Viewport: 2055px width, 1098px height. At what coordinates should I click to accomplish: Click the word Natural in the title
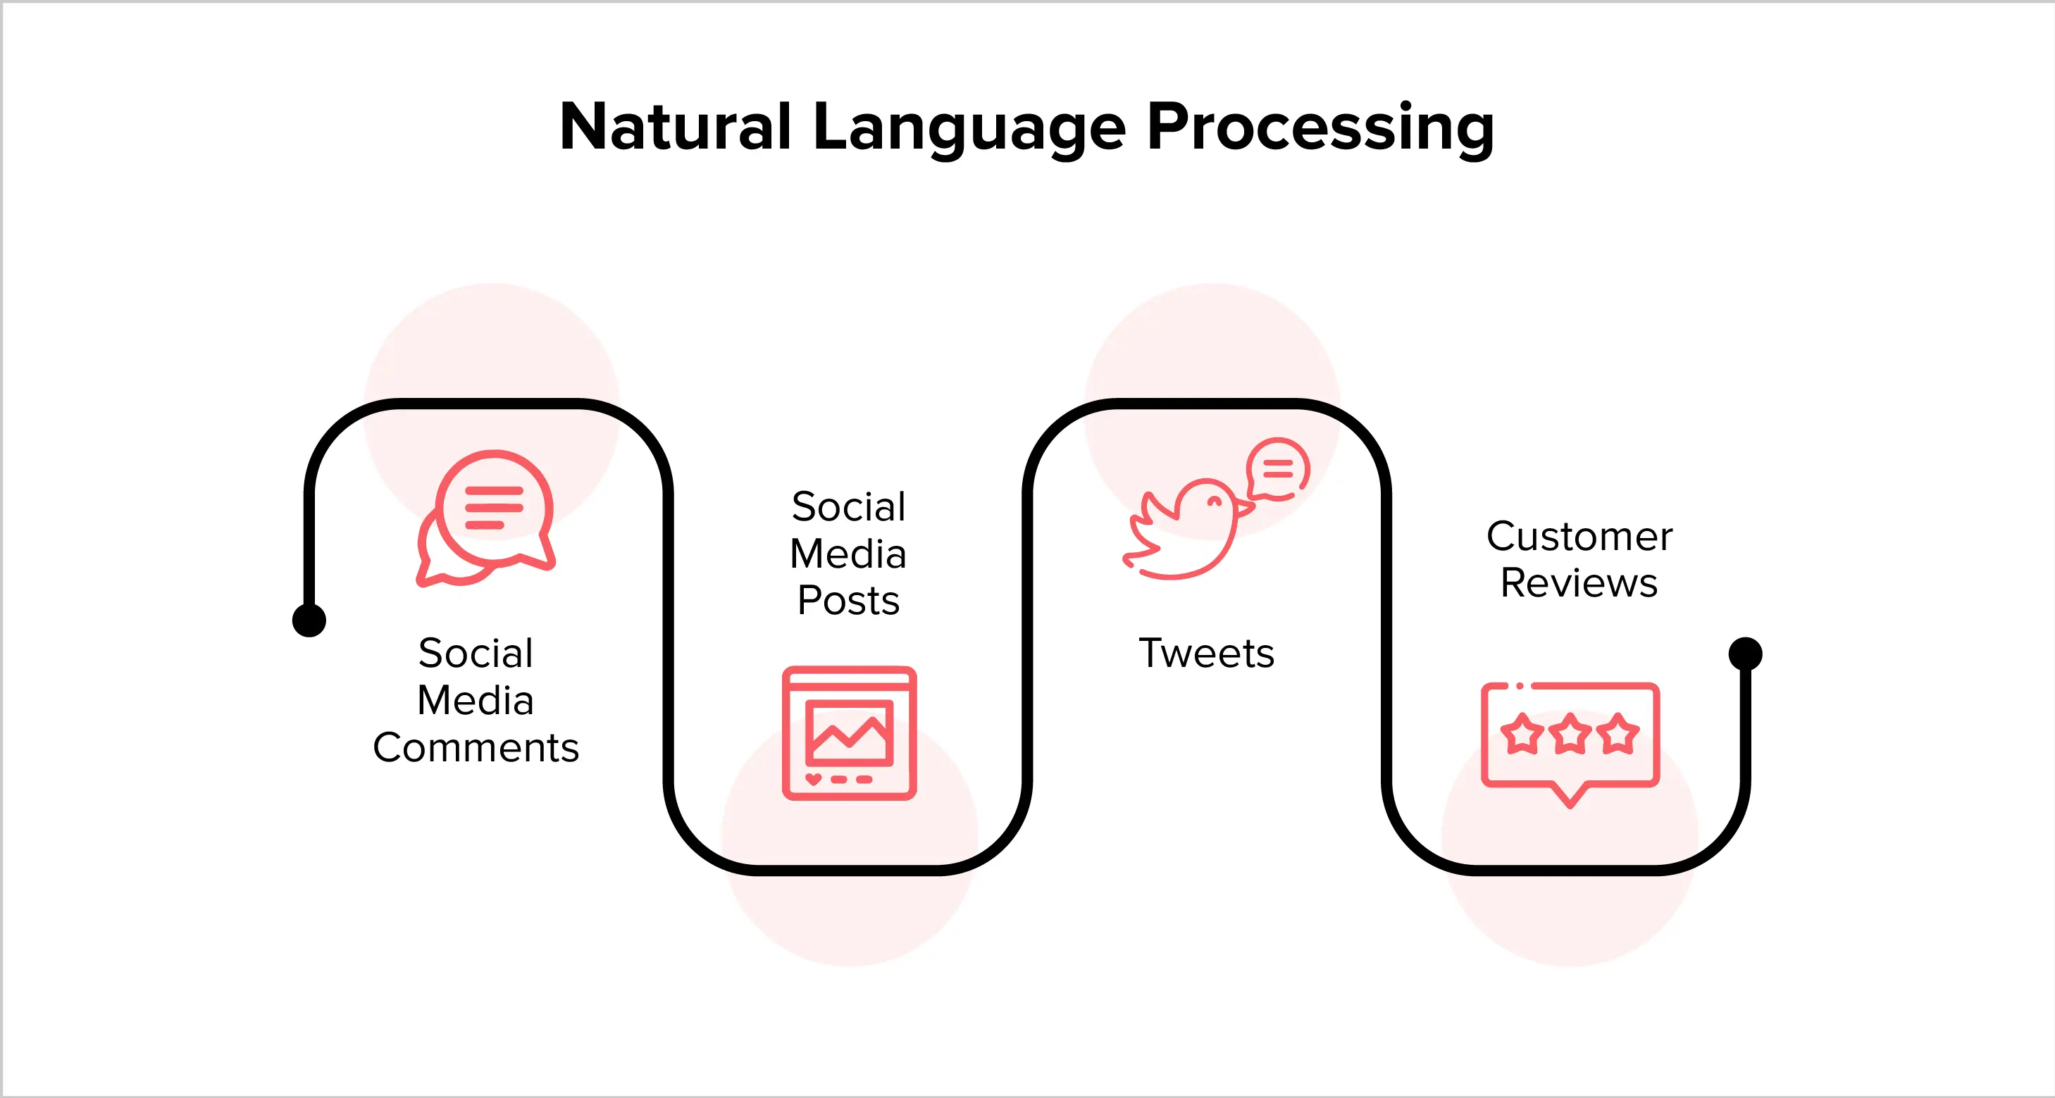(x=675, y=127)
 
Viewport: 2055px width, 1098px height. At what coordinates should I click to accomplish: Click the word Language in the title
(x=969, y=127)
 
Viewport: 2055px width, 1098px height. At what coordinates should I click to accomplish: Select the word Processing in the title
(x=1320, y=127)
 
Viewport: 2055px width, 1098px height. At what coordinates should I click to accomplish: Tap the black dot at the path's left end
(x=309, y=620)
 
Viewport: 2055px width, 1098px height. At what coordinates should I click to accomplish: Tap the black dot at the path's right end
(x=1745, y=653)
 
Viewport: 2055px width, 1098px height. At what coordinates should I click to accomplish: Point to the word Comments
(x=476, y=748)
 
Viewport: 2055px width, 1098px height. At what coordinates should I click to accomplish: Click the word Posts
(x=848, y=601)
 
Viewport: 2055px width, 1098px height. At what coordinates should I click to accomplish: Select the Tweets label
(x=1206, y=653)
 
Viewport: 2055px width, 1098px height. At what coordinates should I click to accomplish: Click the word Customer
(x=1579, y=536)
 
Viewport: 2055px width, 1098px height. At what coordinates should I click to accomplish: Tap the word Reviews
(x=1579, y=583)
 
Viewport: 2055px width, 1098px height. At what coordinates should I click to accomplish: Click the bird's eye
(x=1214, y=502)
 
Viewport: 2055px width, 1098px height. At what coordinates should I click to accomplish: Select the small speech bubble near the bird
(x=1278, y=469)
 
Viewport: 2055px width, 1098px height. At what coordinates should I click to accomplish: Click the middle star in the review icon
(x=1571, y=734)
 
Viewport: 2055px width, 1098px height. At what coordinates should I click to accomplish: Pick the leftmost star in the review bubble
(x=1522, y=734)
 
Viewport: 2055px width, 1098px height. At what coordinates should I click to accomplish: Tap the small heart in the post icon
(x=813, y=778)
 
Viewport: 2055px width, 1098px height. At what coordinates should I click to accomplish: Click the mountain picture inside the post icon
(x=849, y=732)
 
